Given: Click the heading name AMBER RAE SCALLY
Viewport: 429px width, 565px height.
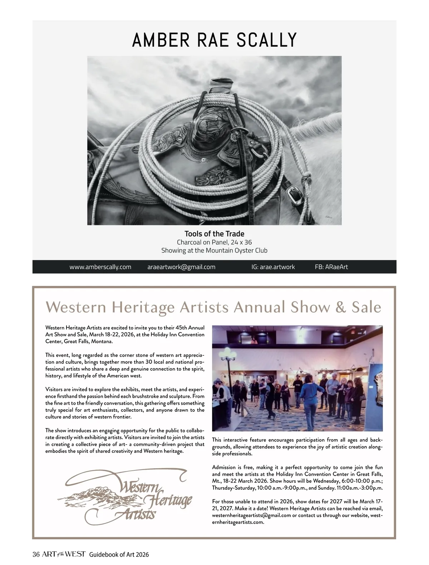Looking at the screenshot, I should [214, 40].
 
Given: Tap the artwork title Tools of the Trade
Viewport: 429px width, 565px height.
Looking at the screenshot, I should [214, 234].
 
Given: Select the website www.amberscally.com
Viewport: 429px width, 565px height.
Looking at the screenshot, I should [100, 267].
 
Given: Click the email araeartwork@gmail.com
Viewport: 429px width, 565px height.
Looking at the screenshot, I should [181, 267].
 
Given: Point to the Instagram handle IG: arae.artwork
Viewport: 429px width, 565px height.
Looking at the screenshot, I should [273, 267].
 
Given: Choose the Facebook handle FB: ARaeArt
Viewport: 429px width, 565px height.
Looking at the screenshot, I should [331, 267].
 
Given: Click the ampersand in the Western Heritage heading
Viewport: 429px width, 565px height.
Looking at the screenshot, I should [341, 307].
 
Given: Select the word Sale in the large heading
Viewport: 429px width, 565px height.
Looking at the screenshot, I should [366, 307].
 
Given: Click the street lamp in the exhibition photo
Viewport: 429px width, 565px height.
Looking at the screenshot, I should [229, 357].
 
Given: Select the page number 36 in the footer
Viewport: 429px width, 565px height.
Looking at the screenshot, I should [36, 554].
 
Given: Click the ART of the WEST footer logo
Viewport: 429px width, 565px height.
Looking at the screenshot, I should [64, 554].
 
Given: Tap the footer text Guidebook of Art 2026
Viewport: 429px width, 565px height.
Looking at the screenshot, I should [119, 555].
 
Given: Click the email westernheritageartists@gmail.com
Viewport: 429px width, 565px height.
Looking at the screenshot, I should [251, 515].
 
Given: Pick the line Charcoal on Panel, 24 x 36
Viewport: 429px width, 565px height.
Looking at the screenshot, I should [214, 242].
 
